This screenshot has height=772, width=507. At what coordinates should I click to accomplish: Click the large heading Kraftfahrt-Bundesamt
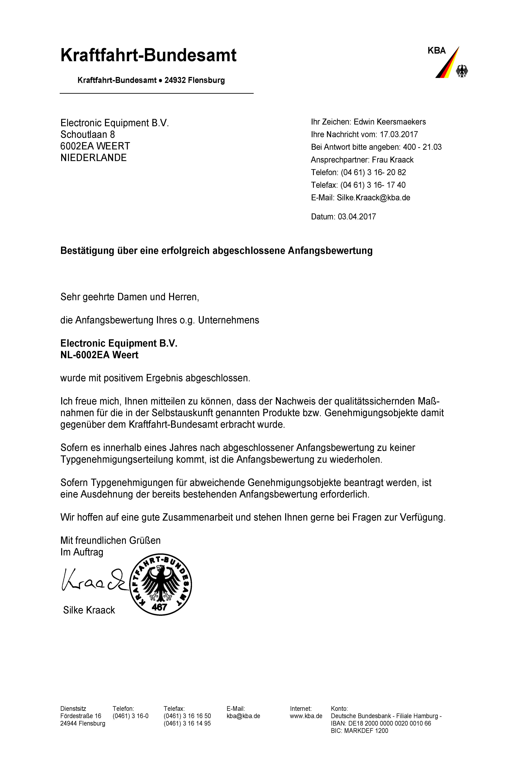point(148,55)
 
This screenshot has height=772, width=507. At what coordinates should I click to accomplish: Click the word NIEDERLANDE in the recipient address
point(93,158)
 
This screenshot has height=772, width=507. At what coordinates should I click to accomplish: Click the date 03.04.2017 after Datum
point(357,217)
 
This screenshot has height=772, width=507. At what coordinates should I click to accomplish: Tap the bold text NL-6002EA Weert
point(99,355)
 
